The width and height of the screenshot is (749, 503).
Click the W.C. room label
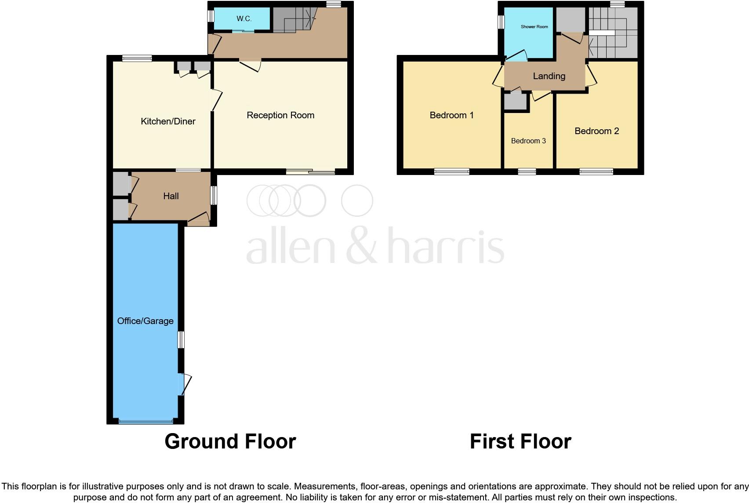click(244, 19)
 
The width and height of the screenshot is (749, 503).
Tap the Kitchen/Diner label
click(168, 121)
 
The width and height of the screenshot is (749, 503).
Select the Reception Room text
click(280, 115)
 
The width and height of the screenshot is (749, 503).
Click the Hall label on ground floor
click(171, 196)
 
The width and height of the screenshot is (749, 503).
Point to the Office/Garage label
click(145, 321)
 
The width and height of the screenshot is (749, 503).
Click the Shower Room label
click(534, 27)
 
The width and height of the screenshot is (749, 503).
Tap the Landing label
click(549, 76)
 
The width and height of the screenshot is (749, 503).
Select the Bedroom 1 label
click(451, 115)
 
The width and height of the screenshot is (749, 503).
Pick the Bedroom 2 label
click(596, 131)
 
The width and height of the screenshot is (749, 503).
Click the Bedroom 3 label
click(528, 141)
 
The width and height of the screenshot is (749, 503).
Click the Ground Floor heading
click(230, 441)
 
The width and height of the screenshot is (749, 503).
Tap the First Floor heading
click(520, 441)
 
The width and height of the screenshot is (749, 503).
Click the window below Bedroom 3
click(527, 172)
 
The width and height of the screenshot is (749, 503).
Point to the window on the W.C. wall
click(211, 16)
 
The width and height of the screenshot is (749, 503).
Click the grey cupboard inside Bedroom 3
click(515, 102)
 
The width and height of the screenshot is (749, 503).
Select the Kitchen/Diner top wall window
click(137, 58)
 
